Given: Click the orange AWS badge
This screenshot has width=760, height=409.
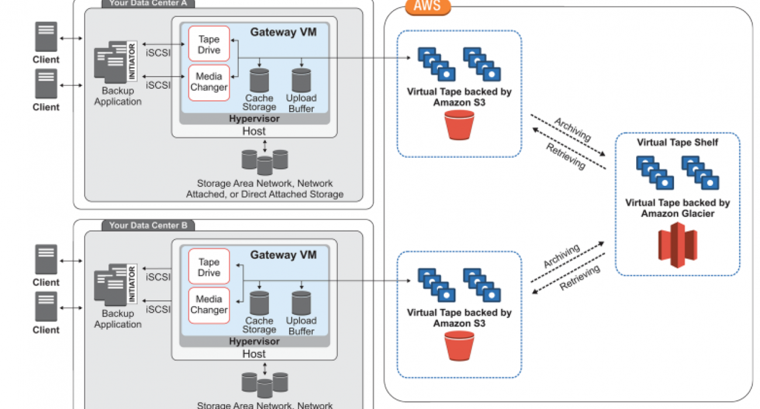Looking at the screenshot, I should click(428, 7).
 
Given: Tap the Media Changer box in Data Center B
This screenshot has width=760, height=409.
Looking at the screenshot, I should click(209, 304).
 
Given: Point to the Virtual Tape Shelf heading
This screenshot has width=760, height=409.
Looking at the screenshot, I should click(678, 142).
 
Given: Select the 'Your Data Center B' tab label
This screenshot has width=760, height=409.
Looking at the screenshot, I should click(148, 226).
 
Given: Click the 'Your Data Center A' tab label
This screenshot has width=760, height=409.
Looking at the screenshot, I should click(148, 3).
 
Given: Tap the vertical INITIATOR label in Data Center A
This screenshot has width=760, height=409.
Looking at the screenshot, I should click(132, 61).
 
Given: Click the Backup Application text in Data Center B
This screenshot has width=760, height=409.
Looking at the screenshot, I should click(118, 319).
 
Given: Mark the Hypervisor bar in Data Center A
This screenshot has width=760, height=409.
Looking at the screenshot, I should click(254, 119).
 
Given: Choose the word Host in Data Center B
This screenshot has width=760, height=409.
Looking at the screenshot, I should click(254, 353).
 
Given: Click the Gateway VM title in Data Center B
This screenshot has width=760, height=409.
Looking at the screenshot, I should click(284, 255).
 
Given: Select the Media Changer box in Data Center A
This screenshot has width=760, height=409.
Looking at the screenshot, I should click(209, 82).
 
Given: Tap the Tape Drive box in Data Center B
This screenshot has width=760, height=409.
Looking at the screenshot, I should click(209, 267).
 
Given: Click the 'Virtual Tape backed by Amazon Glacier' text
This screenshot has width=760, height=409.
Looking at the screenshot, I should click(678, 208).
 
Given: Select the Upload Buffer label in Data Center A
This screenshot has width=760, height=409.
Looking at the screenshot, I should click(301, 103).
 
